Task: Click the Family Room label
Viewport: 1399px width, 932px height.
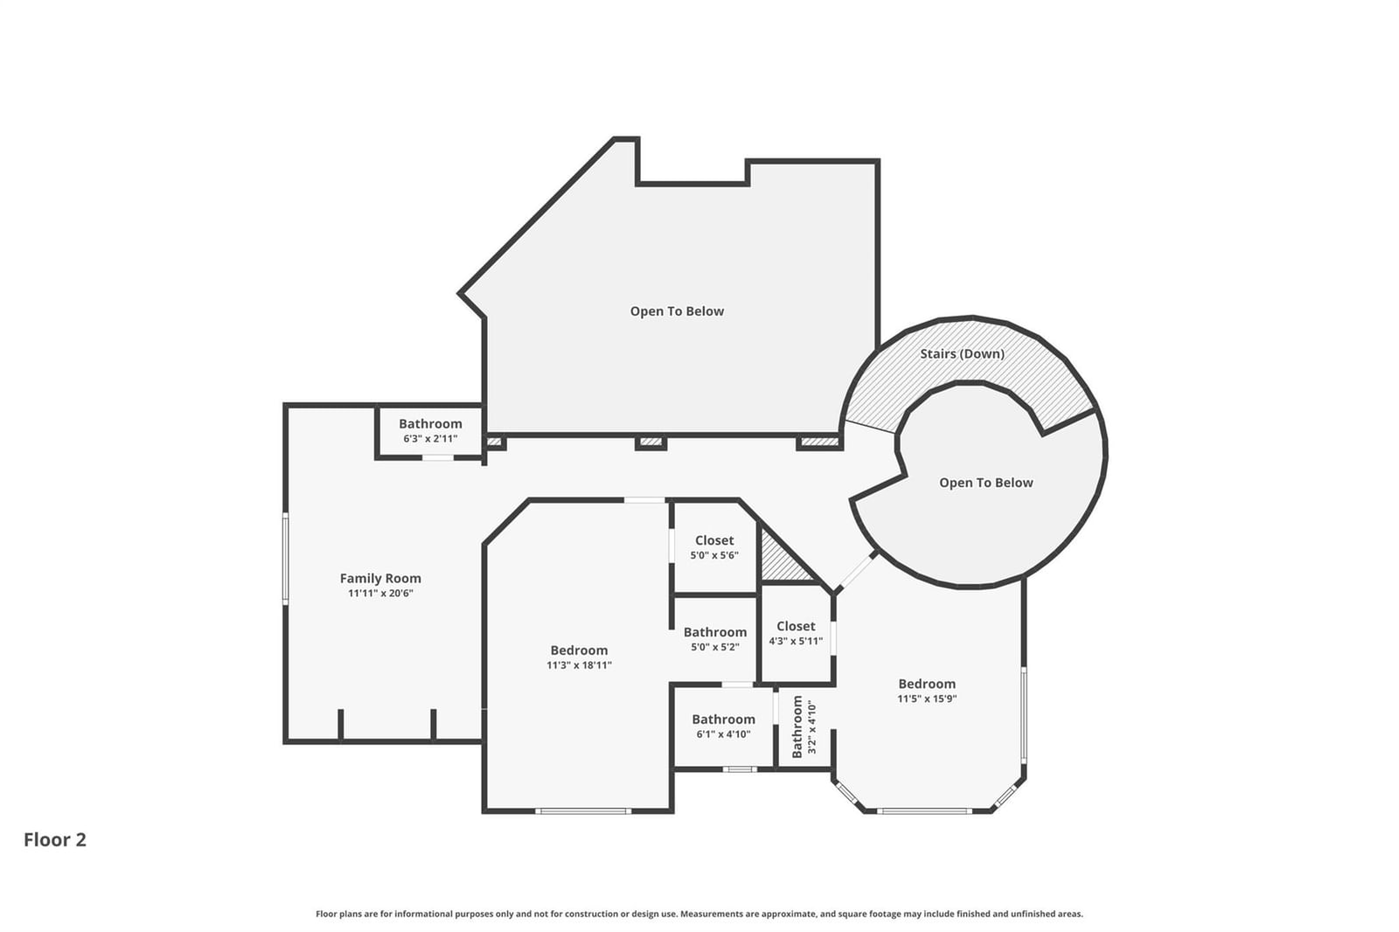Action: [x=380, y=579]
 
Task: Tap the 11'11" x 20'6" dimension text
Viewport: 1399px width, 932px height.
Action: [x=380, y=594]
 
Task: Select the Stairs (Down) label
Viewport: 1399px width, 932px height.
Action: [x=962, y=353]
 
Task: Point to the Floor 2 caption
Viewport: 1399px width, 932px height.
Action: [x=55, y=839]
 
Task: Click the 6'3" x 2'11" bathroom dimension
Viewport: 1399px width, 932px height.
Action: [x=430, y=439]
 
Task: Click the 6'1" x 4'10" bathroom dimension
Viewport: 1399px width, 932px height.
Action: [x=723, y=734]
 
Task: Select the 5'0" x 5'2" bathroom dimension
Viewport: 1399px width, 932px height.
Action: [x=715, y=647]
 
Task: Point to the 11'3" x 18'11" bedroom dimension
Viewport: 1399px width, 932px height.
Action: [x=579, y=665]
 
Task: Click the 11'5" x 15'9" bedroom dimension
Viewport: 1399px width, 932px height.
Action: [x=927, y=699]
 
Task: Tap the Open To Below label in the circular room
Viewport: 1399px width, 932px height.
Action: [x=986, y=483]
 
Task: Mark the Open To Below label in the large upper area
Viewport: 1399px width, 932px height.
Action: [x=677, y=311]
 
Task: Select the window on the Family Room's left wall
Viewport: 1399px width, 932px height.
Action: [x=285, y=559]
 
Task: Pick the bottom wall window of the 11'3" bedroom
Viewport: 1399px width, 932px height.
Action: [x=583, y=810]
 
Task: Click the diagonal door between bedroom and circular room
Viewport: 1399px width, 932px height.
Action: [x=856, y=572]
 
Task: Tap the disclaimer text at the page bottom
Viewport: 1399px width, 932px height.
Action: [x=699, y=914]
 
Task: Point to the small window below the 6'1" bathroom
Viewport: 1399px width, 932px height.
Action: [x=740, y=769]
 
